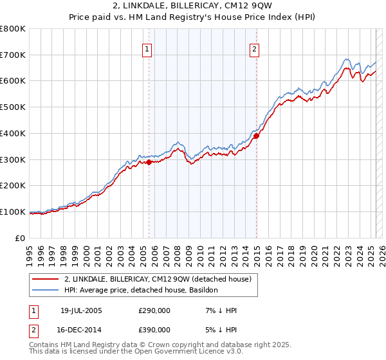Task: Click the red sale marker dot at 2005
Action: pyautogui.click(x=149, y=162)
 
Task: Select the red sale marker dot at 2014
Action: pyautogui.click(x=256, y=136)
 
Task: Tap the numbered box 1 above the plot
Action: pyautogui.click(x=147, y=48)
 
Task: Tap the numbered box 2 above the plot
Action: pyautogui.click(x=255, y=48)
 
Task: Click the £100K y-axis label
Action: pyautogui.click(x=13, y=212)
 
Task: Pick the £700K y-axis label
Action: pyautogui.click(x=13, y=55)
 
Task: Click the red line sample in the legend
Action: pyautogui.click(x=46, y=279)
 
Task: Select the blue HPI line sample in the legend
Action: pyautogui.click(x=46, y=291)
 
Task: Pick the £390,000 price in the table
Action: pyautogui.click(x=154, y=329)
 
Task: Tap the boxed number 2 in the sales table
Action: pyautogui.click(x=33, y=329)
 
